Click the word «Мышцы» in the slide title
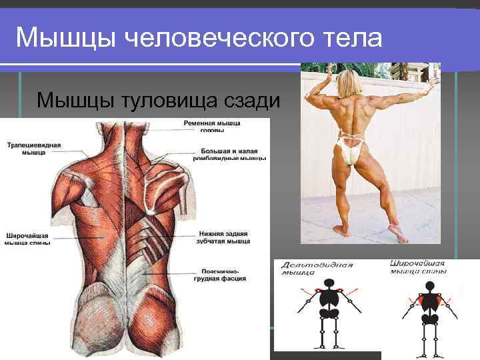pyautogui.click(x=57, y=38)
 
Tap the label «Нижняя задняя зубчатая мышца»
pyautogui.click(x=224, y=238)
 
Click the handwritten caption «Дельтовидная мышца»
pyautogui.click(x=317, y=268)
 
